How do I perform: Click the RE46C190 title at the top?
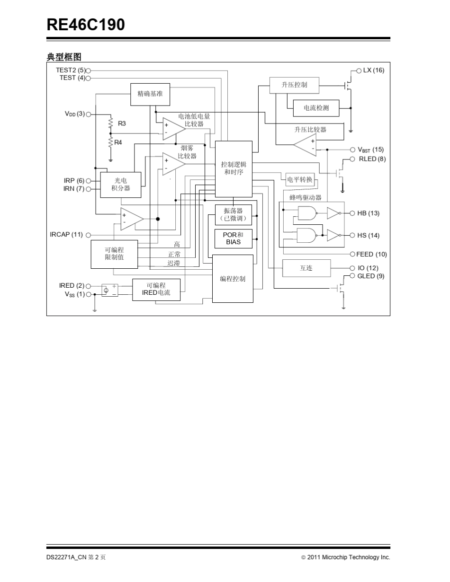coord(86,25)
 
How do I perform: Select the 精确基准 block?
coord(150,94)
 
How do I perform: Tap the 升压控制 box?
coord(294,85)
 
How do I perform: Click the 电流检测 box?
coord(316,108)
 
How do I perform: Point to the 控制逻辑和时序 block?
coord(234,168)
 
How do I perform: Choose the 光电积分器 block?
coord(120,185)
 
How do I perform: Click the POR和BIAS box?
coord(233,238)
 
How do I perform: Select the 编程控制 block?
coord(233,279)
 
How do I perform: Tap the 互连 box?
coord(306,268)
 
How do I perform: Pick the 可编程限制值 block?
coord(114,254)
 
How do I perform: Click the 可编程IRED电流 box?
coord(156,290)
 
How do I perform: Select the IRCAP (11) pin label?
coord(66,235)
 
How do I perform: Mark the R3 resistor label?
coord(122,123)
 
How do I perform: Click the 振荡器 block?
coord(233,215)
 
